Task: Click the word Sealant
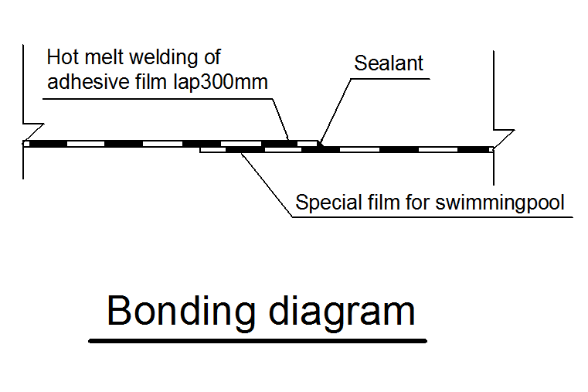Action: coord(389,63)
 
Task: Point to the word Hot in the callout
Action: coord(63,57)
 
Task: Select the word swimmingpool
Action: coord(501,203)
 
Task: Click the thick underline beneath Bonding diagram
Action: coord(257,340)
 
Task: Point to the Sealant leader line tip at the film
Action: coord(320,143)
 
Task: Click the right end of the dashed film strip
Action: coord(491,148)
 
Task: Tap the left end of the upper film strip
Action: coord(25,143)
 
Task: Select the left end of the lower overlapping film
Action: coord(202,149)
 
